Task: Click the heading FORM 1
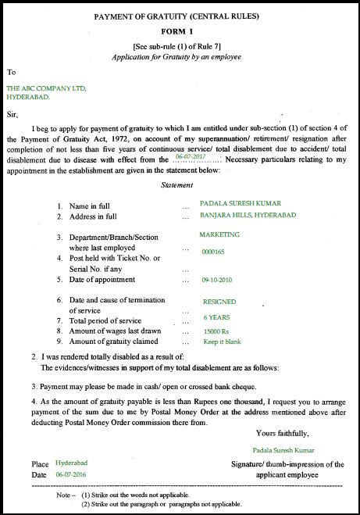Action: [180, 31]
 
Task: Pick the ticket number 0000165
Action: [212, 252]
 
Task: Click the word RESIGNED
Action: [219, 301]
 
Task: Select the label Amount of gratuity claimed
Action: [113, 342]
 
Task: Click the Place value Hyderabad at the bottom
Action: [71, 463]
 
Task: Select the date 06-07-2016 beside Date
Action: [71, 474]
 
